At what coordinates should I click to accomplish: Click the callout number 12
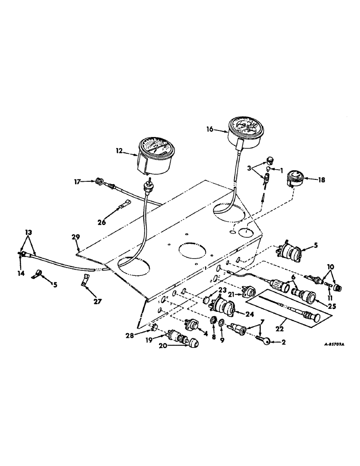(120, 150)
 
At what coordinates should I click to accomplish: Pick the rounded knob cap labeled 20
(192, 343)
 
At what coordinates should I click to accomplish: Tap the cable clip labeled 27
(85, 281)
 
